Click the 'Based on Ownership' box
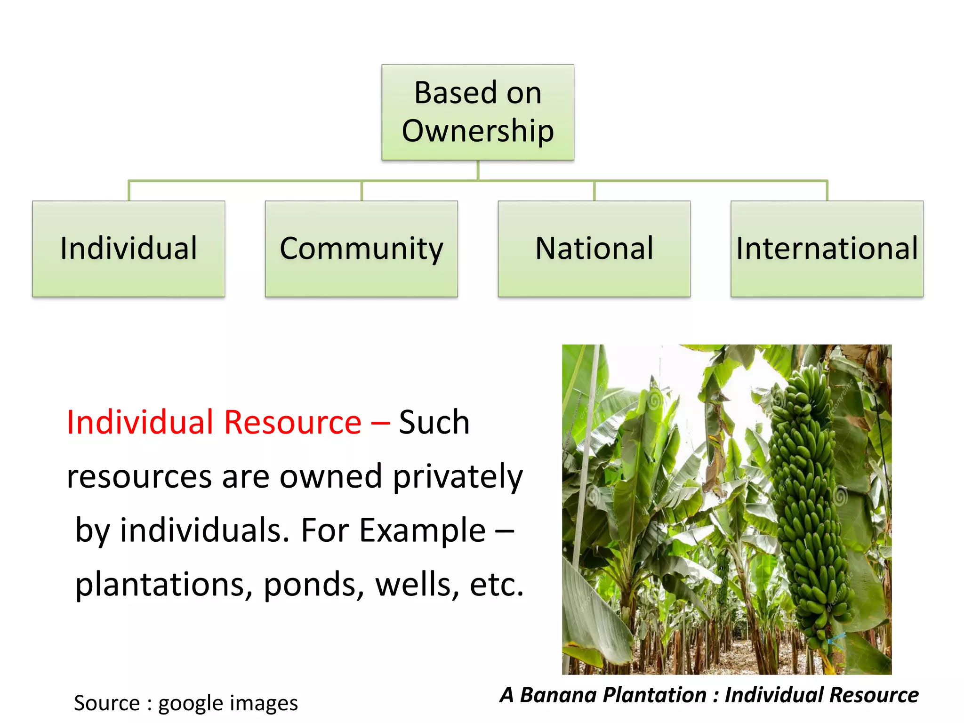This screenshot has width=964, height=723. coord(477,112)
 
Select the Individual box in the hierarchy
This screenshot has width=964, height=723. coord(129,249)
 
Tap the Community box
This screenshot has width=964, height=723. coord(361,249)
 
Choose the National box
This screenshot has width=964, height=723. coord(594,249)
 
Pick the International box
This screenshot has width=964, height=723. coord(827,249)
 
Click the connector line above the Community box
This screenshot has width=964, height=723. coord(361,191)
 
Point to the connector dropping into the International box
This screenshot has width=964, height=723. coord(827,191)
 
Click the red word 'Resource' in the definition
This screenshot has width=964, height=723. coord(292,422)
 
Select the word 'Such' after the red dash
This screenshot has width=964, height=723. coord(434,422)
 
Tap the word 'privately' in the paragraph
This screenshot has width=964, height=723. coord(458,477)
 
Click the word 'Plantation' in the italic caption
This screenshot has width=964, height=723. coord(655,695)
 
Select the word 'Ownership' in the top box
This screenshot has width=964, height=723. coord(477,131)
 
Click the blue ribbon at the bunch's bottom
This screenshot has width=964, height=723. coord(835,641)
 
